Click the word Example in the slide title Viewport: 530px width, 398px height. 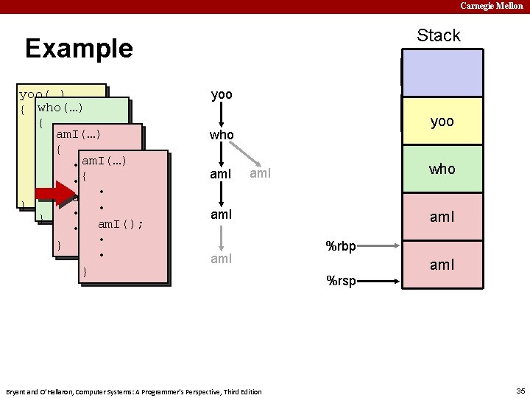click(79, 49)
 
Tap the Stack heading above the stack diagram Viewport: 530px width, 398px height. click(438, 35)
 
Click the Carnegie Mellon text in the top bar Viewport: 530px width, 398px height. click(492, 6)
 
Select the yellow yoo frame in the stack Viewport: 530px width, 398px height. click(442, 122)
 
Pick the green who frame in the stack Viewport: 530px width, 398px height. click(442, 169)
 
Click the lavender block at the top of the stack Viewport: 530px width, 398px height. click(442, 73)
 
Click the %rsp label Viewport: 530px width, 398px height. click(341, 281)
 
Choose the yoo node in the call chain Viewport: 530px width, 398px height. click(222, 95)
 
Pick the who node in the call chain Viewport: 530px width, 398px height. click(222, 136)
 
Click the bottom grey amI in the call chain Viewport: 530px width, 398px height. click(222, 259)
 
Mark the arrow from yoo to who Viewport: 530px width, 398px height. click(222, 115)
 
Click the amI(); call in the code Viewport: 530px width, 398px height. click(121, 224)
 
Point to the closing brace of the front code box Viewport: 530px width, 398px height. click(85, 272)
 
